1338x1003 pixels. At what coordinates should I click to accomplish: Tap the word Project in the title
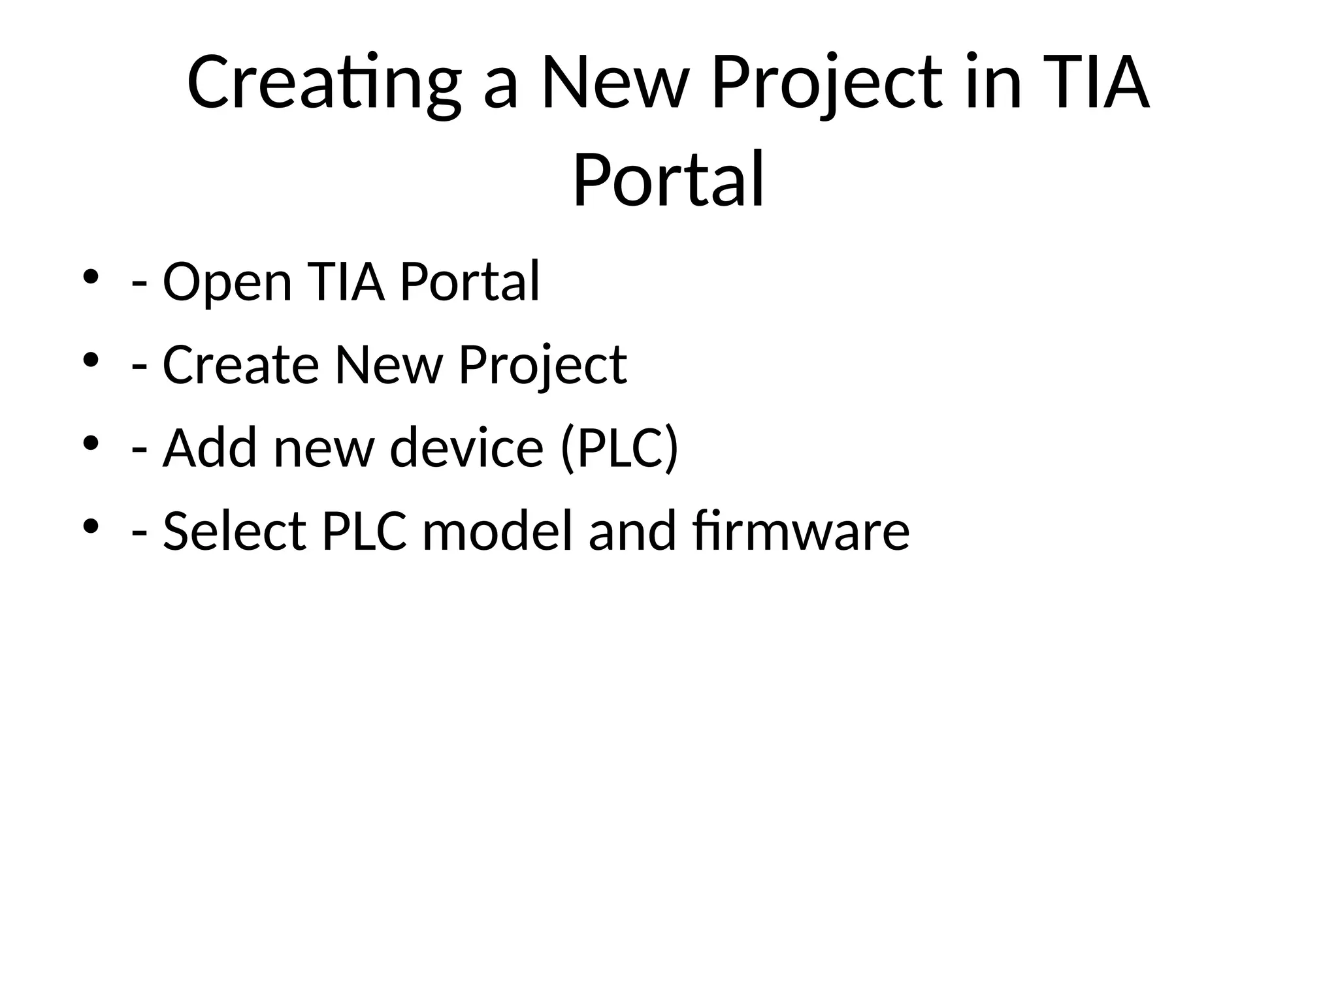[x=827, y=84]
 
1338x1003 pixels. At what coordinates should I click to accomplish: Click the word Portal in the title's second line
[x=668, y=179]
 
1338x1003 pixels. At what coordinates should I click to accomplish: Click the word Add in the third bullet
[x=209, y=448]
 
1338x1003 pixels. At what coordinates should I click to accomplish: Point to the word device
[x=466, y=448]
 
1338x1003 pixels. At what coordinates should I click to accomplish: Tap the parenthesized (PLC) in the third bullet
[x=619, y=448]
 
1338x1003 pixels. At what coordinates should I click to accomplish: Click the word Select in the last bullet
[x=235, y=531]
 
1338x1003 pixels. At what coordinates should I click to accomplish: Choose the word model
[x=501, y=531]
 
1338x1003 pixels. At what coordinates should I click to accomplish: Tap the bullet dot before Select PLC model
[x=91, y=526]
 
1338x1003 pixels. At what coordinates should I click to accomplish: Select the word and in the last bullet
[x=632, y=531]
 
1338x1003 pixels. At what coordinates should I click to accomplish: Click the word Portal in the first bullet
[x=470, y=281]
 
